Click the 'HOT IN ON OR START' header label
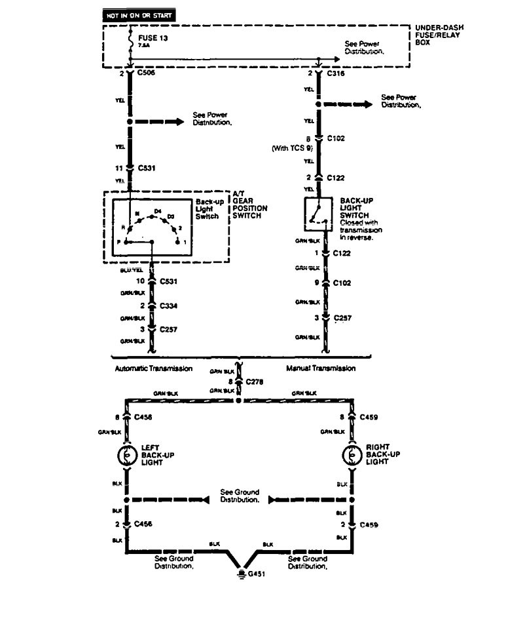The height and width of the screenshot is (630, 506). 138,14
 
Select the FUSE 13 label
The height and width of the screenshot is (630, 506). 153,39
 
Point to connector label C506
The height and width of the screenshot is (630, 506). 147,73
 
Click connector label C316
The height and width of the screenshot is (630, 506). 335,73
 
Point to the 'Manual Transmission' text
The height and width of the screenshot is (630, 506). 321,368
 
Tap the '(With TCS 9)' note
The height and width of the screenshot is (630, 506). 293,149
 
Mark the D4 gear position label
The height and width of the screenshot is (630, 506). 157,210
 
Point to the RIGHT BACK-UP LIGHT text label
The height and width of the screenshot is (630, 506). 383,454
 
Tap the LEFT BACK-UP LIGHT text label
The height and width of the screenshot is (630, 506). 158,454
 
